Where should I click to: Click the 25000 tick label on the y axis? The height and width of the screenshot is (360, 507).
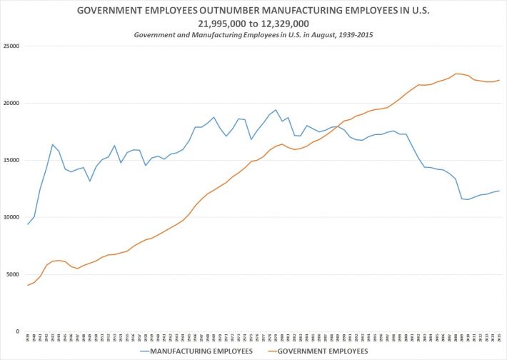[x=11, y=46]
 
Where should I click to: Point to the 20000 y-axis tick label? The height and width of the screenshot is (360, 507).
[x=11, y=104]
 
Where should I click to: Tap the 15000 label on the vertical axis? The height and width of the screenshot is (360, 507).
[x=11, y=160]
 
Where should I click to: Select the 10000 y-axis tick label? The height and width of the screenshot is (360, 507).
[x=11, y=217]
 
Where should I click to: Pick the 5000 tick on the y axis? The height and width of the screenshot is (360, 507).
[x=12, y=274]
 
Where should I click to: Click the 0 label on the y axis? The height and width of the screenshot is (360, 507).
[x=16, y=331]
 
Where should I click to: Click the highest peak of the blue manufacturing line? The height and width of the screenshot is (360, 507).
[x=276, y=110]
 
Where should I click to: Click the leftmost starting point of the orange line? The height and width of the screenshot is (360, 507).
[x=28, y=285]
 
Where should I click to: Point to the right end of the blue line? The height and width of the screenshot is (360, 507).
[x=499, y=191]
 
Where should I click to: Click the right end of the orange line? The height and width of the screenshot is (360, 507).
[x=499, y=80]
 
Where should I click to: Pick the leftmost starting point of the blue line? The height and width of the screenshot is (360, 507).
[x=28, y=224]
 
